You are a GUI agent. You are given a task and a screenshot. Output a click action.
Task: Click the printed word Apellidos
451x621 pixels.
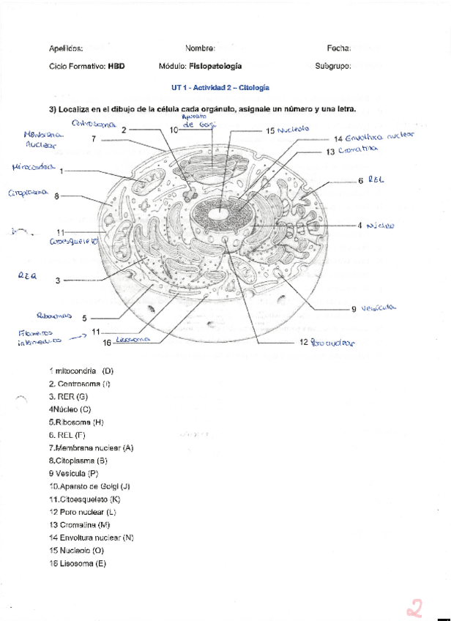(66, 48)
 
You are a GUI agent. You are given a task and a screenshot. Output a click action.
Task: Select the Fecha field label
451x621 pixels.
(339, 48)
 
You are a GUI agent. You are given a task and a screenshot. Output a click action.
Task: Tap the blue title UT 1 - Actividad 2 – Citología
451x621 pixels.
(220, 87)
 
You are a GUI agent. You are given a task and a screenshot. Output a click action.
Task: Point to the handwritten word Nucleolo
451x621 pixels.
(293, 130)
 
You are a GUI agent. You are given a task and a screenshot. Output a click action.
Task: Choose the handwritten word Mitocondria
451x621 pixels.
(34, 168)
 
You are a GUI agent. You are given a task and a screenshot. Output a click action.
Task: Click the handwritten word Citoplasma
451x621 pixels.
(29, 194)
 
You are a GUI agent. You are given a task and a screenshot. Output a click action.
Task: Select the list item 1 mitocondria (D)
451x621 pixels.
(81, 371)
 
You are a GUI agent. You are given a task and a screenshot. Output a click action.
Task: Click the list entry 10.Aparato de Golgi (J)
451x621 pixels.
(89, 486)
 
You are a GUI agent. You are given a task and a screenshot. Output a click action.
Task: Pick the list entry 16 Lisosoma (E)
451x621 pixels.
(78, 563)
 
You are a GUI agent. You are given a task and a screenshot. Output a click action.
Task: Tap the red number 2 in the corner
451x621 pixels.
(417, 607)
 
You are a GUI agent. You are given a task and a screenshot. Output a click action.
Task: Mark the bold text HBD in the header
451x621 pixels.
(116, 66)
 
